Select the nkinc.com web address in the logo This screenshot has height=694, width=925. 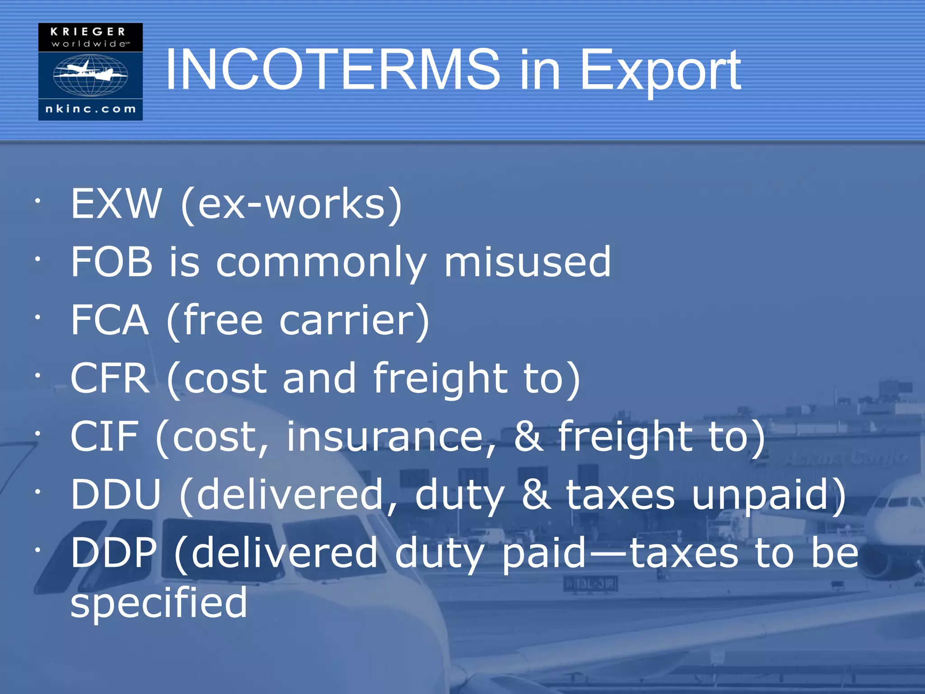(x=90, y=109)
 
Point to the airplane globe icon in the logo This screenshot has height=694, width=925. (x=90, y=75)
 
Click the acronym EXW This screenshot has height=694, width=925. (x=116, y=204)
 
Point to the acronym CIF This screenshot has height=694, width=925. (x=104, y=436)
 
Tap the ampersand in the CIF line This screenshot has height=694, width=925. (x=529, y=436)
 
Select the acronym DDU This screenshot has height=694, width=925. (x=116, y=494)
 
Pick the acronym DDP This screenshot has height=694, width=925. (x=114, y=553)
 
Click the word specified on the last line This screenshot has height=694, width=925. (x=159, y=603)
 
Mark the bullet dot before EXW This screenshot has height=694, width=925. (x=38, y=201)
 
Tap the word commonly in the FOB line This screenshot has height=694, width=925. (x=321, y=263)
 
